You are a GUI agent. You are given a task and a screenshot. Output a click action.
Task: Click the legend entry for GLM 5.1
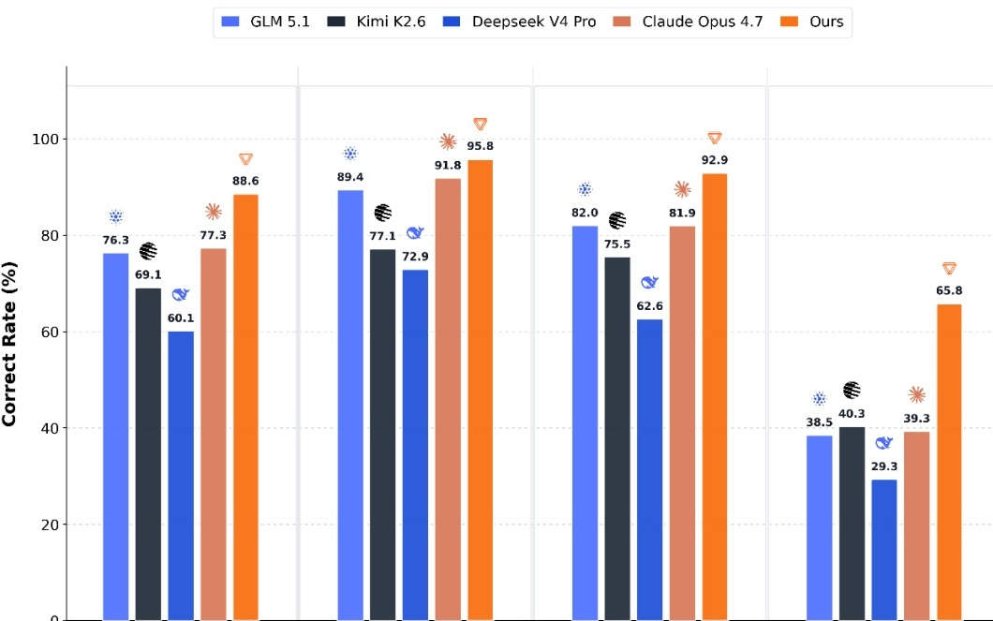tap(265, 22)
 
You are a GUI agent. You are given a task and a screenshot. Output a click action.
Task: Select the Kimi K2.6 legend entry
tap(377, 22)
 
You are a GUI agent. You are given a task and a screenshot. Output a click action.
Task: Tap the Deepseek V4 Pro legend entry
tap(519, 22)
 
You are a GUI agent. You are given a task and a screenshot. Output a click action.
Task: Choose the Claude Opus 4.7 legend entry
tap(688, 22)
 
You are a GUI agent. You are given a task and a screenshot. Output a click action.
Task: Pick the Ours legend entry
tap(812, 22)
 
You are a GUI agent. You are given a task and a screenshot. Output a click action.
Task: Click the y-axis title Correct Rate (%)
tap(8, 344)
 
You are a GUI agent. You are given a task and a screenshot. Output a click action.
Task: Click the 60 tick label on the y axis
tap(50, 333)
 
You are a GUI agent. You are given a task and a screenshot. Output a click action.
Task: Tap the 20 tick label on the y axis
tap(50, 525)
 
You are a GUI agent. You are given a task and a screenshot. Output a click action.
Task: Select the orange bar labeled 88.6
tap(245, 407)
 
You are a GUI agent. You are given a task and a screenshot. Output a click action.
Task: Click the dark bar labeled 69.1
tap(148, 454)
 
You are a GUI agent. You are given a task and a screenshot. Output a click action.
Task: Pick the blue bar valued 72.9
tap(415, 445)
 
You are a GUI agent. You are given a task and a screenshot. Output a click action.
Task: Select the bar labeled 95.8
tap(480, 390)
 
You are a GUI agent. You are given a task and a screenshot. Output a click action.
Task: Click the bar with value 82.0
tap(585, 422)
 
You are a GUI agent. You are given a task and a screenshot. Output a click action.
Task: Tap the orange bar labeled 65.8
tap(949, 462)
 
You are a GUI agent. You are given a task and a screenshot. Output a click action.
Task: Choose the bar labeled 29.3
tap(884, 550)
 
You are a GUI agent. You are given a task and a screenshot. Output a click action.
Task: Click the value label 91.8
tap(448, 165)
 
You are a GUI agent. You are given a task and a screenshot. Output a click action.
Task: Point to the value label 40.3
tap(852, 413)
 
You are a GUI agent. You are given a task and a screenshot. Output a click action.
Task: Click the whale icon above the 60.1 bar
tap(181, 294)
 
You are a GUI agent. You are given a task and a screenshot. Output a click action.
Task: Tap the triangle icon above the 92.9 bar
tap(715, 138)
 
